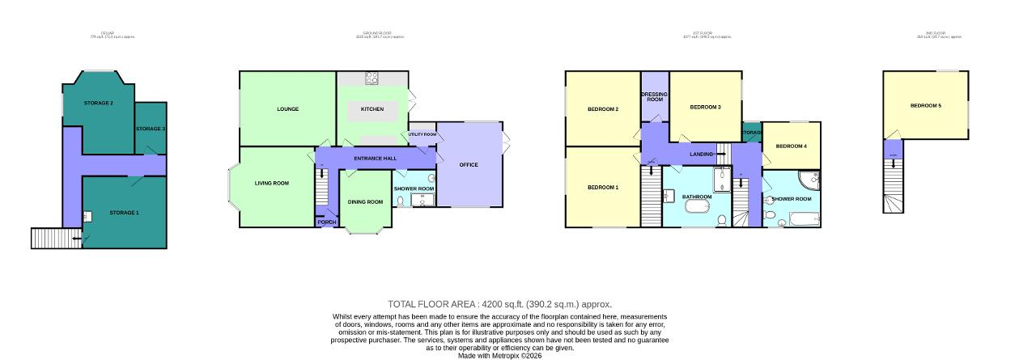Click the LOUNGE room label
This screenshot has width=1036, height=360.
pos(287,109)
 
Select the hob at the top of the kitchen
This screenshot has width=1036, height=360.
pos(373,78)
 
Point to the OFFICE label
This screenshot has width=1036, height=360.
pos(469,165)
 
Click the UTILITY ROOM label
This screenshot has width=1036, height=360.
pos(422,134)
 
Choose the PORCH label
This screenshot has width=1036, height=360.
pos(327,222)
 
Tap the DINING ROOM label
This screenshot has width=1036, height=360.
pos(365,201)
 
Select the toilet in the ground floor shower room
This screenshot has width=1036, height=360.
pos(399,200)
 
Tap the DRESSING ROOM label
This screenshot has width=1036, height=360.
pos(655,96)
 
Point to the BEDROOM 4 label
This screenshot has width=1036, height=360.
pos(791,146)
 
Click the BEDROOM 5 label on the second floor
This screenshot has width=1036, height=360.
pos(925,106)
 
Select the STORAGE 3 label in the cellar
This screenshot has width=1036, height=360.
pos(151,129)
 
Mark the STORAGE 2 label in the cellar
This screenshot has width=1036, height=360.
pos(99,103)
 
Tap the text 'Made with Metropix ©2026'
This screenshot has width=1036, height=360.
pos(500,355)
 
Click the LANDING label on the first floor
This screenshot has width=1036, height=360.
pos(701,154)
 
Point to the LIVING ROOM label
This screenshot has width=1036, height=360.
pos(272,184)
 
